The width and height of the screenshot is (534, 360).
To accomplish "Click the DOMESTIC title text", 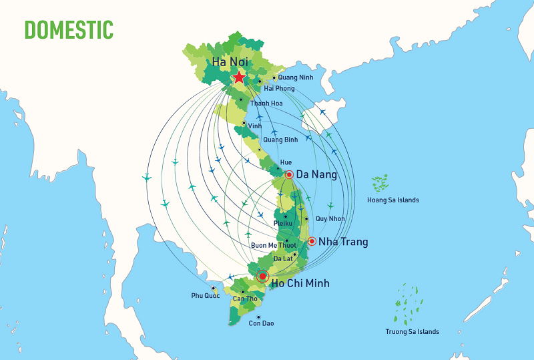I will (69, 29).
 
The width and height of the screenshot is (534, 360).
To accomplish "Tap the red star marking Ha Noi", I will (239, 77).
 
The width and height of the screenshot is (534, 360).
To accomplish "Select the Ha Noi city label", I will (231, 61).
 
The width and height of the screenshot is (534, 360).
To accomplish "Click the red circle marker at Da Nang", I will (289, 175).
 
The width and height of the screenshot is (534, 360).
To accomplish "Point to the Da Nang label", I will (316, 175).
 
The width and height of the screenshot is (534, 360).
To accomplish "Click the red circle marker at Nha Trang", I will (312, 241).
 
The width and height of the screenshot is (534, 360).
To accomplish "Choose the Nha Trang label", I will (343, 241).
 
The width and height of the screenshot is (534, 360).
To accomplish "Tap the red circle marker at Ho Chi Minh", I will (263, 275).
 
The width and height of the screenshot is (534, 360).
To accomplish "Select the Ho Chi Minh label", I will (300, 284).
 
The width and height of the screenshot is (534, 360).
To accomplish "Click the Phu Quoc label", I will (205, 295).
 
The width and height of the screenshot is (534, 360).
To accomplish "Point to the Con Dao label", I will (261, 324).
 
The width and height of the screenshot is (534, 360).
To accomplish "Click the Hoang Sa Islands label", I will (393, 200).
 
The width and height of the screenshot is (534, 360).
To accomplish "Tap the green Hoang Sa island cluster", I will (380, 182).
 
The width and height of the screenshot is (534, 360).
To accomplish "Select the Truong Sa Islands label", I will (413, 332).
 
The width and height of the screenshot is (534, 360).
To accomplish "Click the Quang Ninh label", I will (296, 77).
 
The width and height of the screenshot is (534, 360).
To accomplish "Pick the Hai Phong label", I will (279, 88).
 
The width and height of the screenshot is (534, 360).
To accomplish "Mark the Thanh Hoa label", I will (266, 104).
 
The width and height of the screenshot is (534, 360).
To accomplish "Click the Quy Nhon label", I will (331, 218).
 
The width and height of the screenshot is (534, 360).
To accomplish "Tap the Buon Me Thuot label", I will (272, 245).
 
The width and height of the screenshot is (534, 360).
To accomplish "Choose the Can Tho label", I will (245, 299).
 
